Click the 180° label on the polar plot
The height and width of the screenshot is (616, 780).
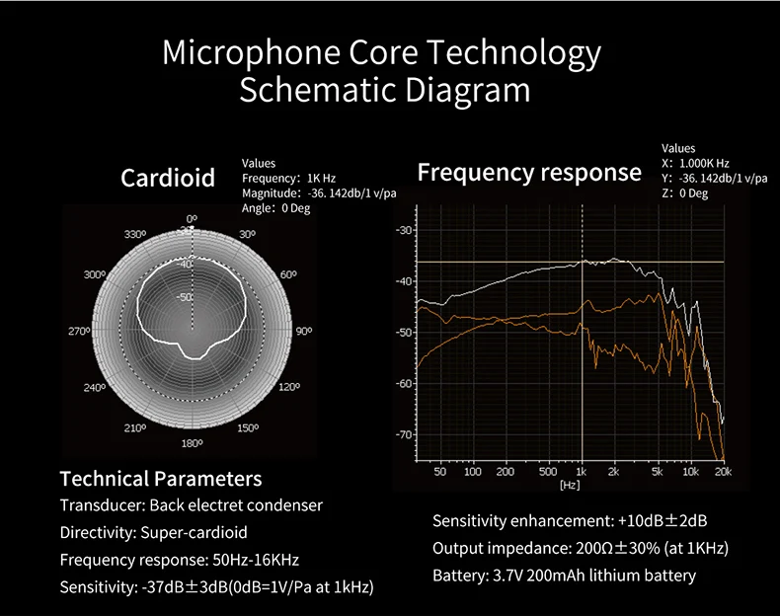[192, 444]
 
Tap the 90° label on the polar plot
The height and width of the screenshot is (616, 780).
[303, 332]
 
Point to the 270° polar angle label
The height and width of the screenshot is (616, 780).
[79, 332]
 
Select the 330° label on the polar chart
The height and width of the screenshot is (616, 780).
[135, 235]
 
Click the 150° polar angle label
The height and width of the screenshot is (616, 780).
[247, 427]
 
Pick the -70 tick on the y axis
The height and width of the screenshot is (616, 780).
[403, 434]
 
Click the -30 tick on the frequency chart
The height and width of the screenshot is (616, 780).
[403, 230]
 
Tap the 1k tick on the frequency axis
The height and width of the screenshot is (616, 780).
[582, 472]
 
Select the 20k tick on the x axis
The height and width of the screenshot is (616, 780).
[723, 472]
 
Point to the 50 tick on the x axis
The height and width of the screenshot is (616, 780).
[440, 472]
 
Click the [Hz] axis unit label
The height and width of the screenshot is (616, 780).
[570, 485]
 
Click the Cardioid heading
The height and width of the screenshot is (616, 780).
[168, 178]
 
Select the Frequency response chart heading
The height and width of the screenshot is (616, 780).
[529, 173]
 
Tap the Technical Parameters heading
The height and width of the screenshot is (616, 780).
[161, 480]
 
